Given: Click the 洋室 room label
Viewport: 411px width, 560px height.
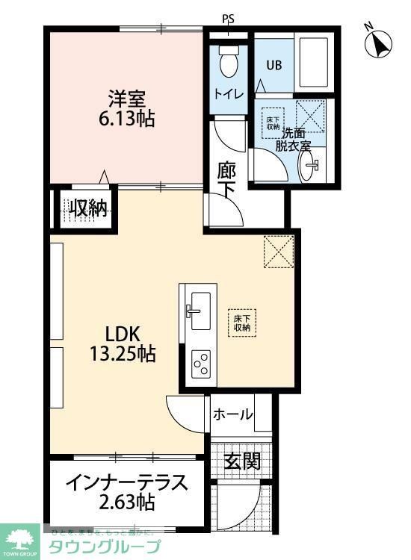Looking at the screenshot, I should [x=126, y=97].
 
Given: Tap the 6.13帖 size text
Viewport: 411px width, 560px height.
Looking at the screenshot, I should [x=126, y=118].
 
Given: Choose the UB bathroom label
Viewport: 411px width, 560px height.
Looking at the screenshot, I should [x=274, y=64].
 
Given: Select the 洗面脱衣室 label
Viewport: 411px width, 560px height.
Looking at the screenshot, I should [x=294, y=140].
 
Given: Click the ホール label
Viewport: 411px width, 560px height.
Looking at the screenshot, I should [x=233, y=415].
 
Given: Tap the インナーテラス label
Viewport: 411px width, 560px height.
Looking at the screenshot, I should [x=126, y=482].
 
